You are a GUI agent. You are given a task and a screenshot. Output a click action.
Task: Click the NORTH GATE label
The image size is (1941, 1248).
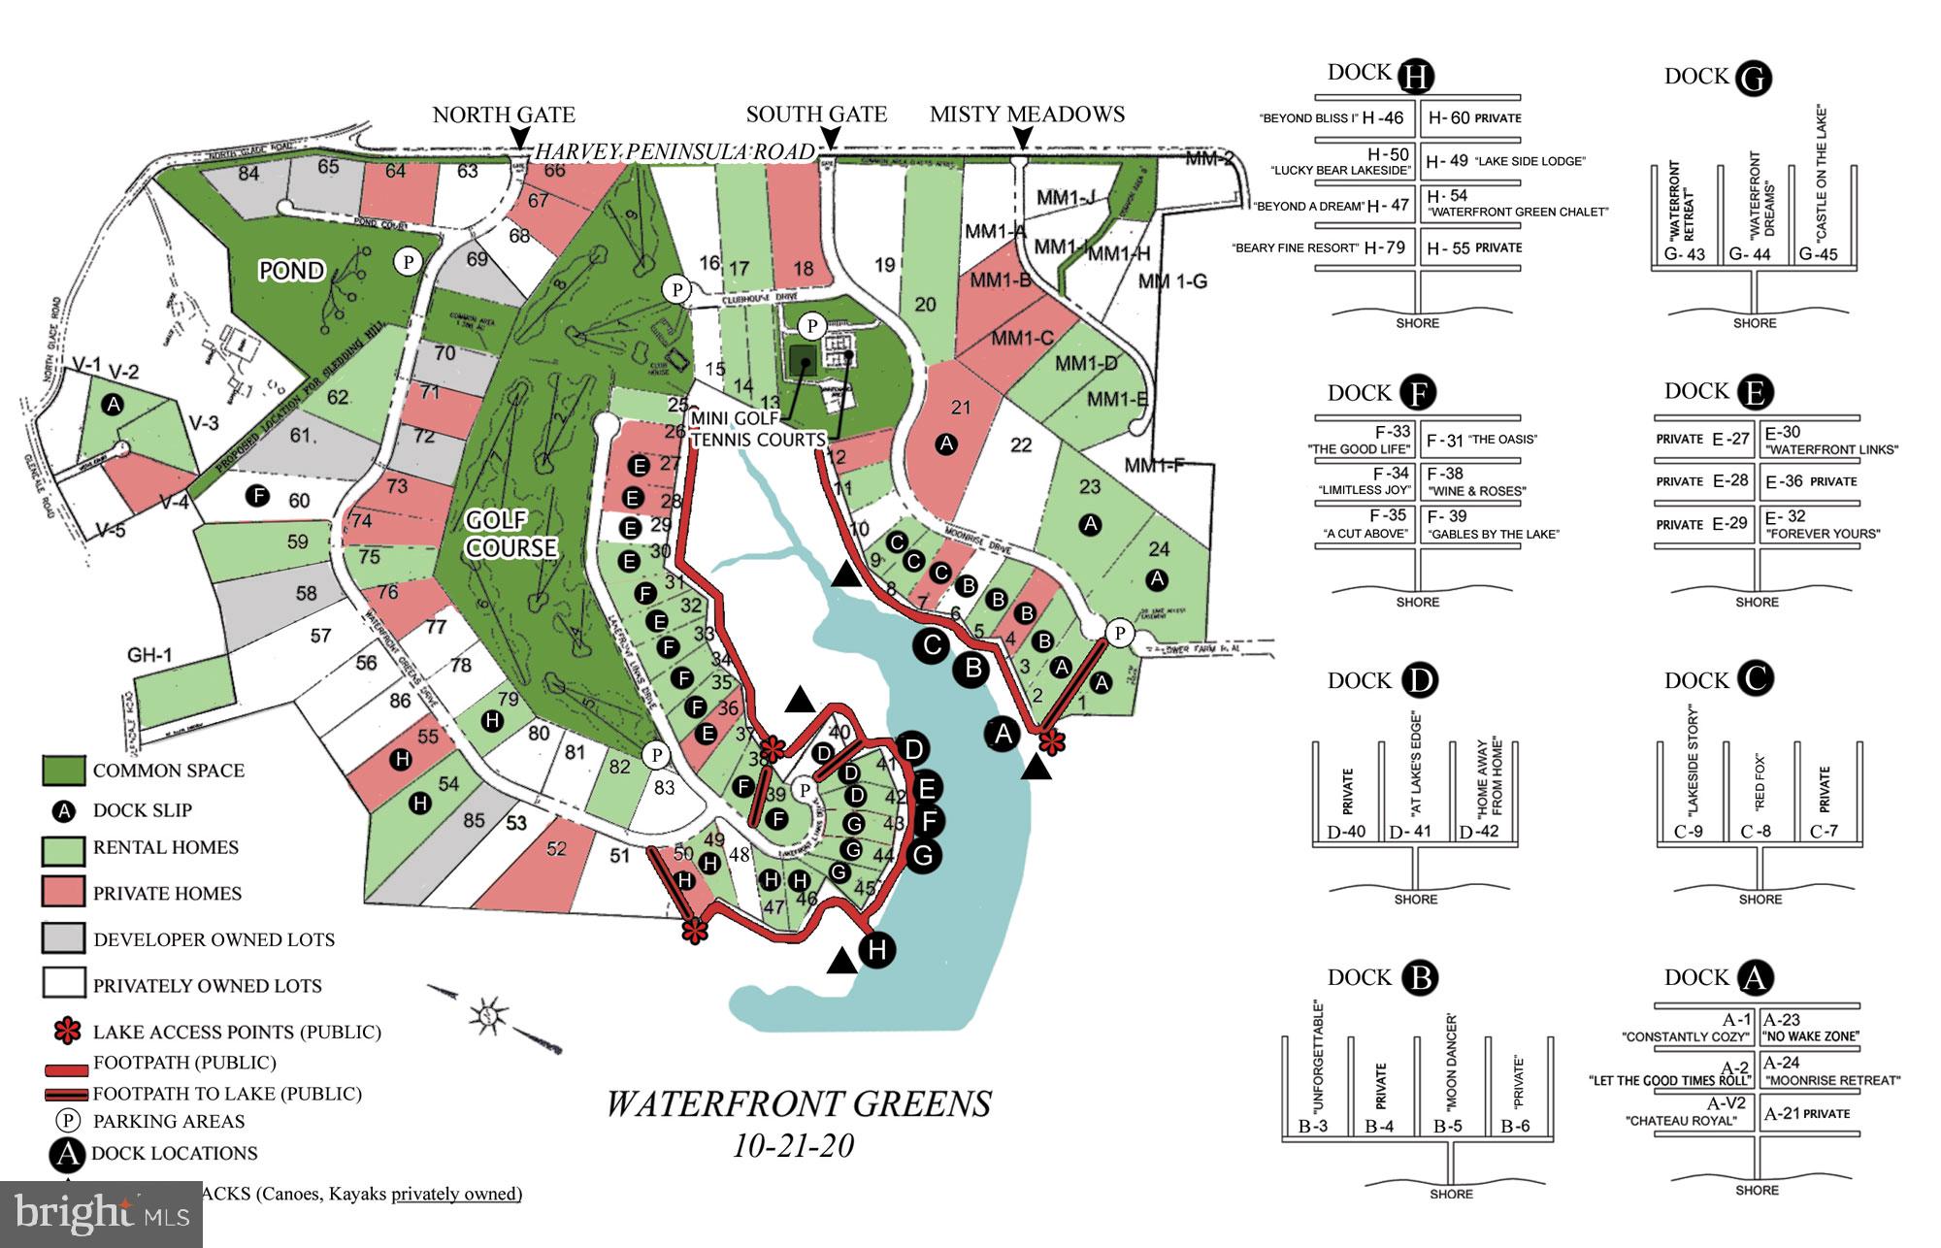[504, 115]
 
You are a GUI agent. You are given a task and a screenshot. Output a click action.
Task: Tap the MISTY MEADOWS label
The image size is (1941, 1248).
[1027, 115]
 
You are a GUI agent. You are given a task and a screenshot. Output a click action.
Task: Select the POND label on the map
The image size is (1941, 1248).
[291, 270]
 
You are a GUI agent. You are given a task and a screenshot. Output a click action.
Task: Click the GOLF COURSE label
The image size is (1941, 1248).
[510, 535]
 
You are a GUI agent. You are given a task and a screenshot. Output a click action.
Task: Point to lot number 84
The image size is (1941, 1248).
[248, 174]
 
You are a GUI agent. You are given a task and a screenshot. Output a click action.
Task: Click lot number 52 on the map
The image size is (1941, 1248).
[556, 849]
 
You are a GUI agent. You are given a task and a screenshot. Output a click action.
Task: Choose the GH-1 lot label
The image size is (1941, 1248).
[149, 656]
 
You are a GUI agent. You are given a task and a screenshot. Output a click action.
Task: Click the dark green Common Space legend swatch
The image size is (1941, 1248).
[64, 771]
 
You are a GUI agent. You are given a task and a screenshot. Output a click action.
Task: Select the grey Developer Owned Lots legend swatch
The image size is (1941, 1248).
[64, 938]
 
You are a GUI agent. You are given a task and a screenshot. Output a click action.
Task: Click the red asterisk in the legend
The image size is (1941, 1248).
[66, 1032]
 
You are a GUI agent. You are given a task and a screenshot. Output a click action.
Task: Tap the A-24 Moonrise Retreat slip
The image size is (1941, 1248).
[1783, 1063]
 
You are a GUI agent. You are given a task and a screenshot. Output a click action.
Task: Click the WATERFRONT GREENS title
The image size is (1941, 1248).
[799, 1104]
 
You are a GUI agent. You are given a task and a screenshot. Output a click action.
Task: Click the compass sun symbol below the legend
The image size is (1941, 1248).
[488, 1015]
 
